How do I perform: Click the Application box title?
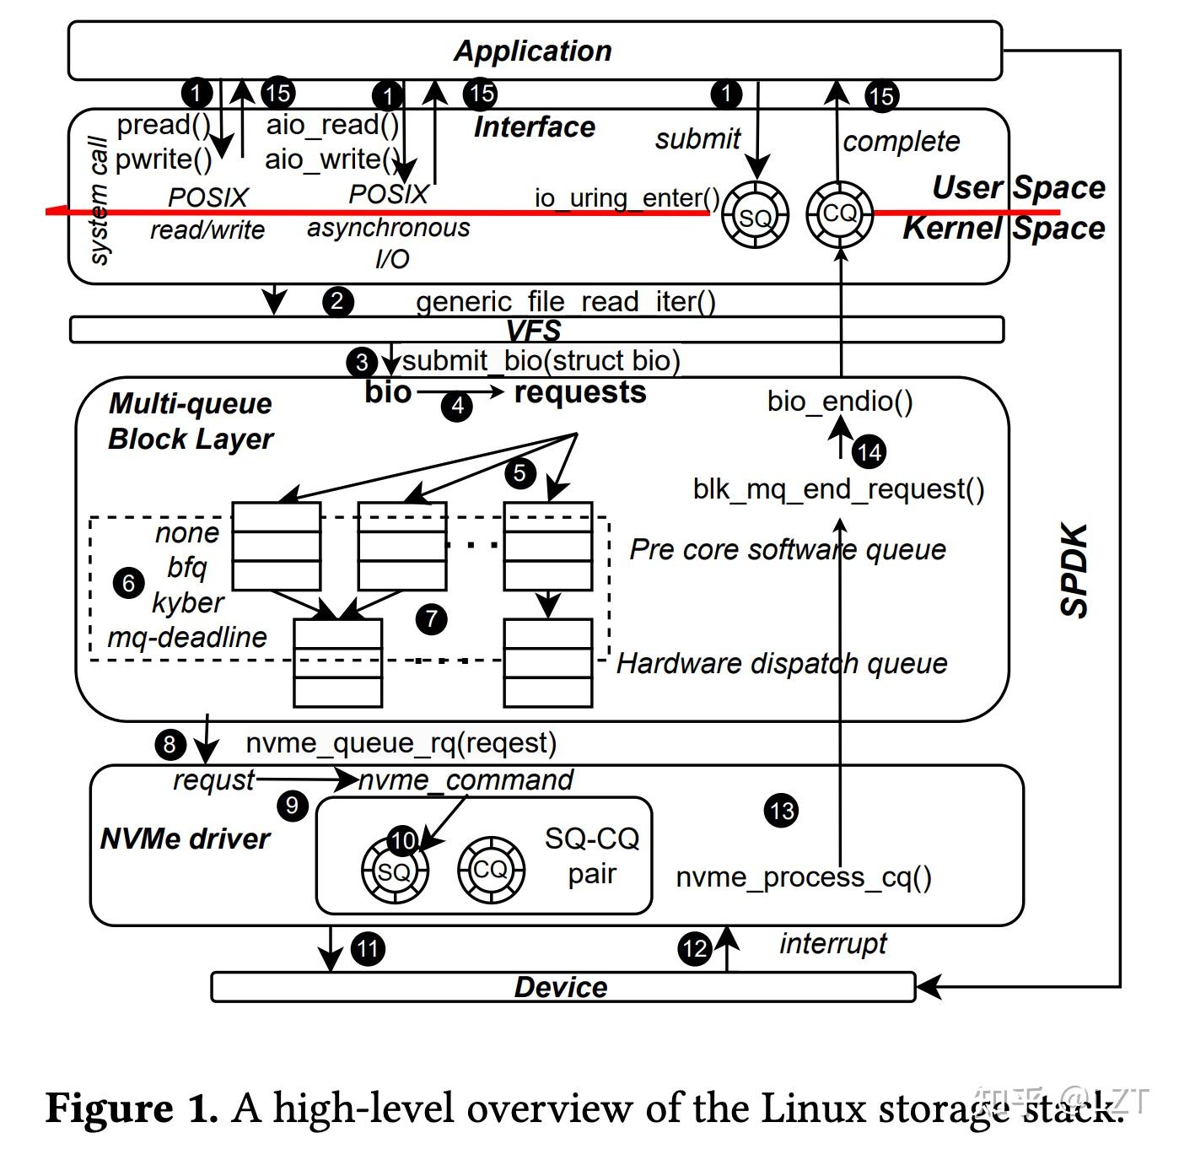pyautogui.click(x=533, y=51)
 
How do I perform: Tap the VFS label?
pyautogui.click(x=534, y=330)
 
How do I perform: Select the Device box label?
pyautogui.click(x=561, y=987)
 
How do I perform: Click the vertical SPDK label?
pyautogui.click(x=1074, y=571)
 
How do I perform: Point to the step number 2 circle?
pyautogui.click(x=337, y=301)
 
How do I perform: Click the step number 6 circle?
pyautogui.click(x=128, y=583)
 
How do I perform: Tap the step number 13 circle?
pyautogui.click(x=781, y=811)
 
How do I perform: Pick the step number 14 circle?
pyautogui.click(x=869, y=452)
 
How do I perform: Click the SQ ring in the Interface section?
pyautogui.click(x=755, y=218)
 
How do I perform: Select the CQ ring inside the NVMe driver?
pyautogui.click(x=491, y=870)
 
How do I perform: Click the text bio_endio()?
pyautogui.click(x=840, y=402)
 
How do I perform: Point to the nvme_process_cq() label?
pyautogui.click(x=804, y=877)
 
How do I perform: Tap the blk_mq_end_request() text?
pyautogui.click(x=838, y=489)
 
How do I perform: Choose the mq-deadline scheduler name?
pyautogui.click(x=186, y=637)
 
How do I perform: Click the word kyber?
pyautogui.click(x=187, y=602)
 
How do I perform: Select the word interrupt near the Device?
pyautogui.click(x=832, y=943)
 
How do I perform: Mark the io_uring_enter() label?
pyautogui.click(x=627, y=198)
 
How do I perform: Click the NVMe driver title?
pyautogui.click(x=185, y=839)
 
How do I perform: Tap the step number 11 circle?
pyautogui.click(x=368, y=949)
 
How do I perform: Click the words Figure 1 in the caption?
pyautogui.click(x=131, y=1108)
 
